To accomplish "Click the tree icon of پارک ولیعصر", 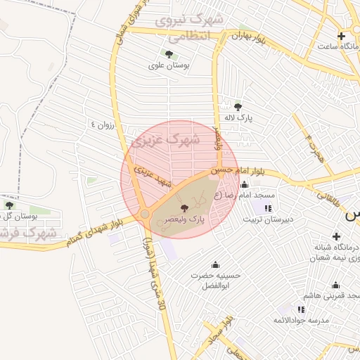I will tap(184, 208).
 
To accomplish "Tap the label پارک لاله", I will tap(239, 119).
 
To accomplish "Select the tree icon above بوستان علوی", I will tap(169, 53).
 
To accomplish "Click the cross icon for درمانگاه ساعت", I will tap(342, 36).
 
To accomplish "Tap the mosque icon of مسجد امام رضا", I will tap(244, 185).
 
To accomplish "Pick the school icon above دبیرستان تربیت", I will tap(267, 207).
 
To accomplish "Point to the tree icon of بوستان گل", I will tap(9, 205).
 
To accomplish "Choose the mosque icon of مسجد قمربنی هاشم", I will tap(335, 285).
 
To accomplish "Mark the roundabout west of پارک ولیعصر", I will tap(145, 213).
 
